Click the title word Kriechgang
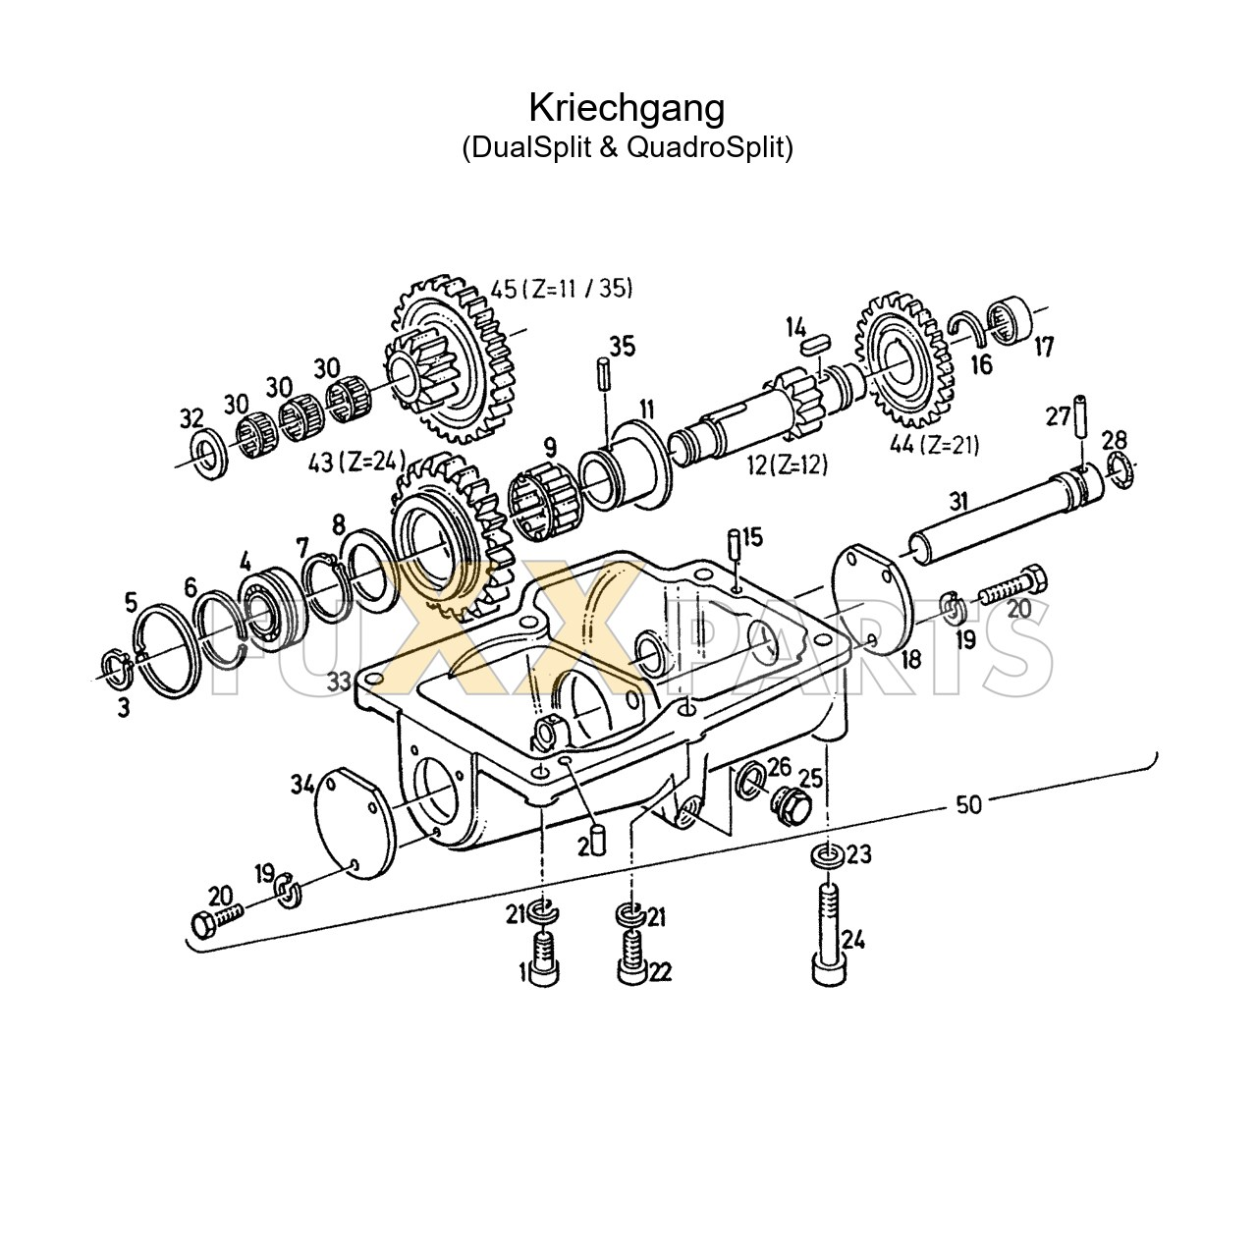click(x=627, y=107)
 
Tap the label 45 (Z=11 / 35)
click(x=562, y=289)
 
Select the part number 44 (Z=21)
click(x=934, y=445)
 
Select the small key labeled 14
click(x=816, y=344)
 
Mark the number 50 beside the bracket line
click(x=967, y=805)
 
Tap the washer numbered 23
click(x=827, y=857)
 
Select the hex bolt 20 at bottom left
click(x=216, y=920)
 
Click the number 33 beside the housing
click(x=339, y=681)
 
